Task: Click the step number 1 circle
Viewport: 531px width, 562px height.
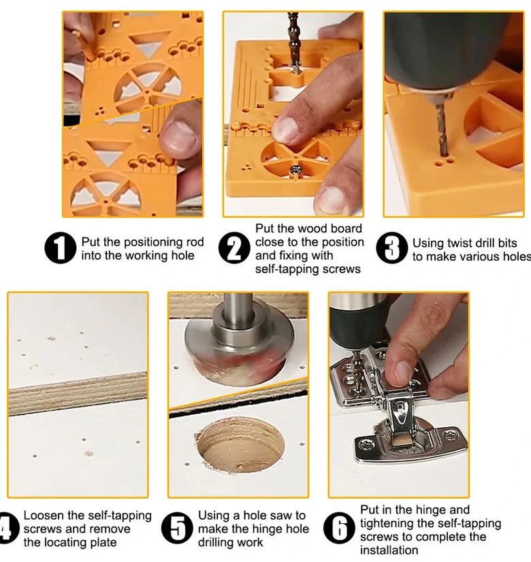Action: click(x=60, y=248)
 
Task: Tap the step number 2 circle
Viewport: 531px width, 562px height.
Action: click(x=234, y=248)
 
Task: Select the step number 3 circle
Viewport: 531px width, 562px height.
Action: click(x=392, y=248)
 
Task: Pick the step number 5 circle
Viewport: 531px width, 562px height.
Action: click(x=178, y=529)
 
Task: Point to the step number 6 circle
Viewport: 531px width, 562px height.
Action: click(x=339, y=529)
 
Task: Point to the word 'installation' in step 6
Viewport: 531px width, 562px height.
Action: click(x=389, y=550)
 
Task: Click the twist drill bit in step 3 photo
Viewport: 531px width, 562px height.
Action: click(x=442, y=129)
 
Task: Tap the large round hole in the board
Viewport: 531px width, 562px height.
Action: click(x=240, y=444)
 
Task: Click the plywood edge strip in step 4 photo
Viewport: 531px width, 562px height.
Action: click(x=78, y=394)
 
